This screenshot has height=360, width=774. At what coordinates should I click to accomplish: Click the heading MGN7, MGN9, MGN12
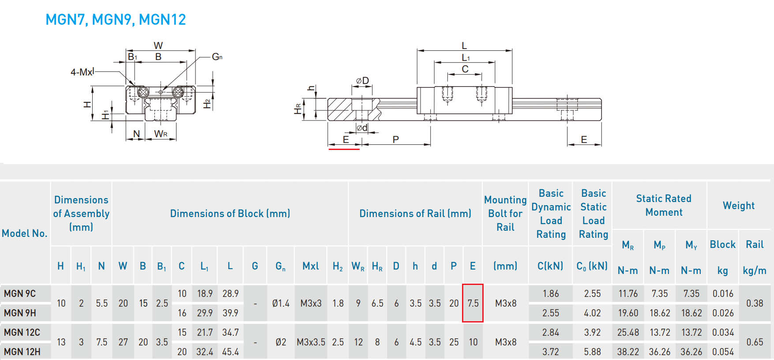tap(116, 20)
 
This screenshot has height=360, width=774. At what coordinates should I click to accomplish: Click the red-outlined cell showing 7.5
tap(473, 303)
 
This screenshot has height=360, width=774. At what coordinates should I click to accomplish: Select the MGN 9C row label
tap(20, 294)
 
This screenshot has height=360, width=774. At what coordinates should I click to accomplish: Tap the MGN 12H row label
tap(22, 352)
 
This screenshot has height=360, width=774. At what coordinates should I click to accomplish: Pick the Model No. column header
tap(24, 233)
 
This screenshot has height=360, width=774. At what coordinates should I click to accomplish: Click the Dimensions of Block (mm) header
tap(230, 214)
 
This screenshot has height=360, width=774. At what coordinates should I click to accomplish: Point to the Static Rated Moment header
tap(664, 205)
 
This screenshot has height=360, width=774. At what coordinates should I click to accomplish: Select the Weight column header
tap(739, 206)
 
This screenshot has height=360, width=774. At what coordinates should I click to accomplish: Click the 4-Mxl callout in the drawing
tap(83, 72)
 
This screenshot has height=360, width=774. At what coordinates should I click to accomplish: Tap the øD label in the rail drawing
tap(362, 81)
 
